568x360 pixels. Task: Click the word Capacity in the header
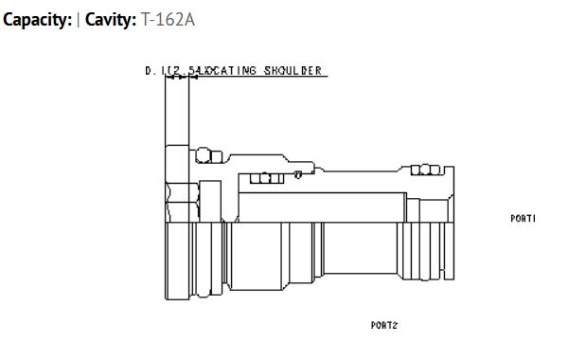(x=34, y=18)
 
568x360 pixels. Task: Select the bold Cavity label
(x=112, y=18)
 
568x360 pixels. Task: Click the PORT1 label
(x=523, y=219)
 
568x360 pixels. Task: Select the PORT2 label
(x=383, y=325)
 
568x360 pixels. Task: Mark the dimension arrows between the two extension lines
(x=178, y=79)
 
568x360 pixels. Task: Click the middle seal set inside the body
(x=266, y=177)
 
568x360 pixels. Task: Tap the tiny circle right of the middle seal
(x=297, y=173)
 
